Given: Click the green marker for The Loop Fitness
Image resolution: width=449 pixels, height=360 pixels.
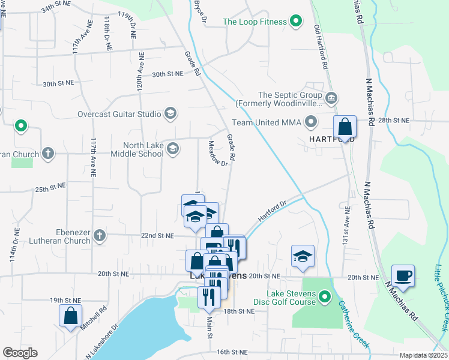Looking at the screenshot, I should point(295,22).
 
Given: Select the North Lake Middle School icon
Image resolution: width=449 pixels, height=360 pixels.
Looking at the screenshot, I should point(173,149).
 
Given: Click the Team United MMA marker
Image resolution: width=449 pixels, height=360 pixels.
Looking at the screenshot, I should point(310,123).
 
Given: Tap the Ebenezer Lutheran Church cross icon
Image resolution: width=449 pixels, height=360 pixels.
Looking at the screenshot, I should point(100,235).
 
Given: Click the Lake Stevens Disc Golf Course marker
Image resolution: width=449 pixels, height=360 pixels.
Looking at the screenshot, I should point(325,296).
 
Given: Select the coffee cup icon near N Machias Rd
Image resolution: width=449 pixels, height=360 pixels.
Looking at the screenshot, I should point(403,275).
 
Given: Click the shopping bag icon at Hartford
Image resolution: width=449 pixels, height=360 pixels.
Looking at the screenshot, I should point(345,127).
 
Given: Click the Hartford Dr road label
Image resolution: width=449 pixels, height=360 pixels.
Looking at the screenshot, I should point(273,211).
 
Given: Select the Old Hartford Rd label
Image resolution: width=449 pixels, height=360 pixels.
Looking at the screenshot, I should point(321,46).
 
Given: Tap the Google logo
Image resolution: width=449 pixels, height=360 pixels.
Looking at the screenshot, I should point(20,353).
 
